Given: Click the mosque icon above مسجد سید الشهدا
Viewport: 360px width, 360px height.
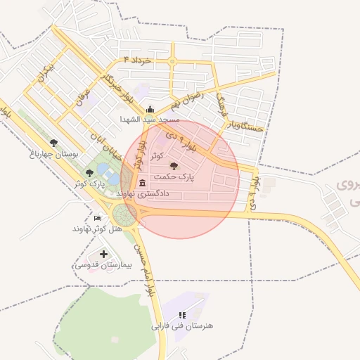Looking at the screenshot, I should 150,109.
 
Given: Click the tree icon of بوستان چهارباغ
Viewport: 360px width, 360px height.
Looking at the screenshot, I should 54,143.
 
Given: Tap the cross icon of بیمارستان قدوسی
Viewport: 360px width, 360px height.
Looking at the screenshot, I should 104,254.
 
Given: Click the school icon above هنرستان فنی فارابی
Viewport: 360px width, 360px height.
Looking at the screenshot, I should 182,315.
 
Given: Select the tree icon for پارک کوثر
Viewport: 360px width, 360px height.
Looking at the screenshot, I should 89,172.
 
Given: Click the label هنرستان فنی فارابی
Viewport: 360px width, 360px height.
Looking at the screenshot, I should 182,326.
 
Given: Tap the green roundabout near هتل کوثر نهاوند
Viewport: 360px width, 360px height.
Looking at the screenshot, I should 125,215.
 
